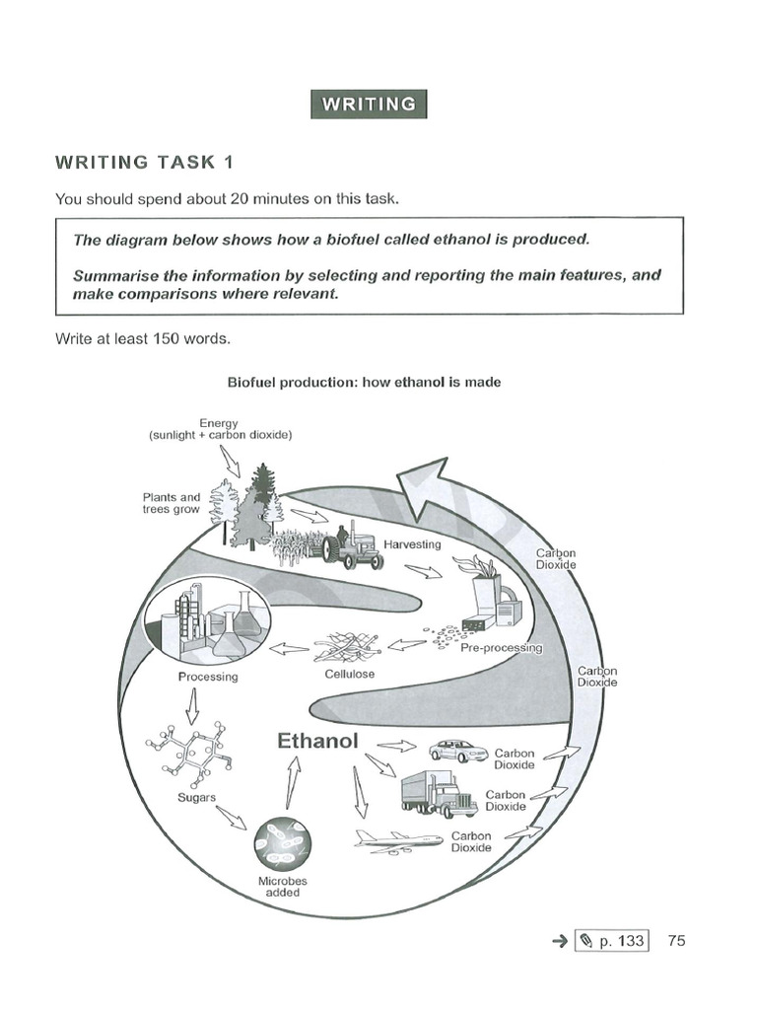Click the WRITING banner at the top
click(x=370, y=104)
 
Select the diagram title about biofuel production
click(x=364, y=382)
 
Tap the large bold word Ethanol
click(x=317, y=740)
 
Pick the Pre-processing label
click(x=502, y=648)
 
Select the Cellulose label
click(x=349, y=675)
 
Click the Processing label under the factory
click(x=208, y=677)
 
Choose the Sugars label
click(x=196, y=796)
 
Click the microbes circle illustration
click(x=282, y=843)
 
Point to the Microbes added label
click(x=283, y=887)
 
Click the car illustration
click(x=458, y=751)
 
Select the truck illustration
click(x=440, y=794)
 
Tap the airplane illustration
click(x=398, y=841)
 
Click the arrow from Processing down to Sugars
click(x=192, y=706)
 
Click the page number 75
click(x=676, y=940)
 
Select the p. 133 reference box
click(x=611, y=941)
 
